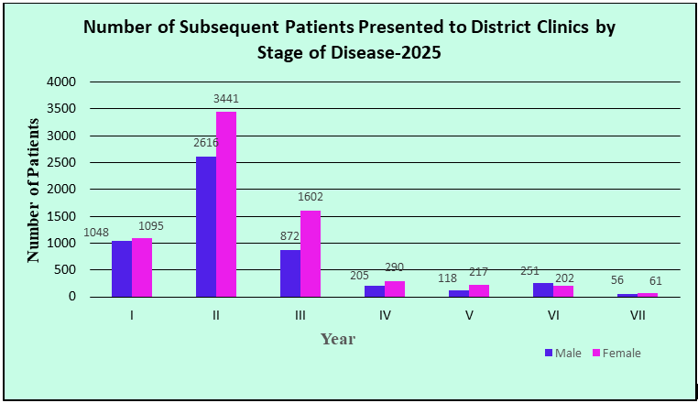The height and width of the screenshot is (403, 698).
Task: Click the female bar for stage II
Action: click(226, 204)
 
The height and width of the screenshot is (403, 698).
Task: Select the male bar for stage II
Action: click(206, 226)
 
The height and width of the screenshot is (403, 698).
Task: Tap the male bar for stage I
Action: click(122, 268)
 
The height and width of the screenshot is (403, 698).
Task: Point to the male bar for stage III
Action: click(290, 273)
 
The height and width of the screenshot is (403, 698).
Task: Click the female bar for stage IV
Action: click(395, 289)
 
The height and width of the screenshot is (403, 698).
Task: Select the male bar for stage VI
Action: click(543, 289)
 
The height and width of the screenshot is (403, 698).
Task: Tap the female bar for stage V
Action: click(479, 290)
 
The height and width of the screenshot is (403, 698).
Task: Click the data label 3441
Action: click(225, 98)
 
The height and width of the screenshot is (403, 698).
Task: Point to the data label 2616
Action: click(204, 144)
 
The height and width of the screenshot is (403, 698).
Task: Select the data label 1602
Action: click(310, 197)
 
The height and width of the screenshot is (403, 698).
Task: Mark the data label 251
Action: click(542, 270)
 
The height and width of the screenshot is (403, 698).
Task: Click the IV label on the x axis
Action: click(385, 315)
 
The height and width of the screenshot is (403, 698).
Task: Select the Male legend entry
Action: click(562, 353)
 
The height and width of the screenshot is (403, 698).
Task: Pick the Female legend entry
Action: click(615, 353)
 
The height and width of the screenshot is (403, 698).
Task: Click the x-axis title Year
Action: click(338, 339)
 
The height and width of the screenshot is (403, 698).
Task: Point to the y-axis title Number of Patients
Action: click(34, 190)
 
